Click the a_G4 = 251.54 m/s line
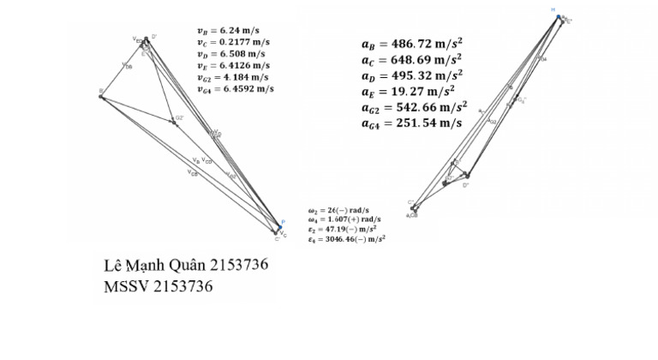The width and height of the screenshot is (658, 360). [412, 123]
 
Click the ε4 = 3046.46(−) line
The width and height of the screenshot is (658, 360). [346, 240]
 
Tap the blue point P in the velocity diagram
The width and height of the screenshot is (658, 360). [280, 227]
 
